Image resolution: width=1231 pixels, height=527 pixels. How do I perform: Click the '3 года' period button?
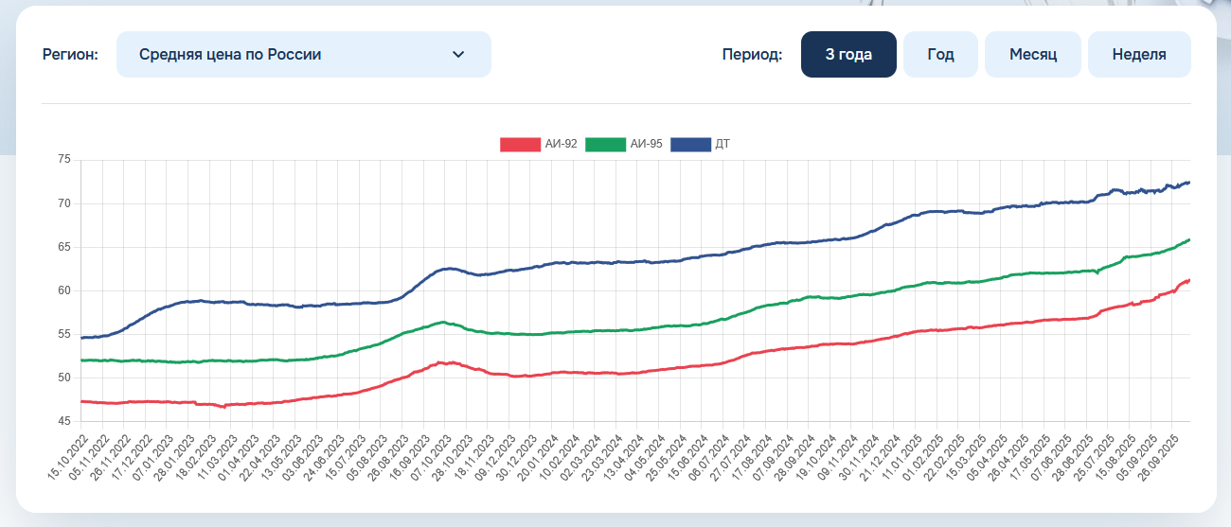(x=848, y=55)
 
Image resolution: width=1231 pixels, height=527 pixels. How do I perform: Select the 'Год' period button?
(x=940, y=55)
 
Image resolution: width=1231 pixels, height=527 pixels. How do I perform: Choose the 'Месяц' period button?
(x=1032, y=55)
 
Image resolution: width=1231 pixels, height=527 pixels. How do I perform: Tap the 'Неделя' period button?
(x=1139, y=55)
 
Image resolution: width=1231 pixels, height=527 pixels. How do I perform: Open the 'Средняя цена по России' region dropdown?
(x=303, y=55)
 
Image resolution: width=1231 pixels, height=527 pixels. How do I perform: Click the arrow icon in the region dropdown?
(x=458, y=55)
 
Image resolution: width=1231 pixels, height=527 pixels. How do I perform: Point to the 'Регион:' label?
(x=70, y=55)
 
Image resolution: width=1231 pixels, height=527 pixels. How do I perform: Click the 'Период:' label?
(x=752, y=55)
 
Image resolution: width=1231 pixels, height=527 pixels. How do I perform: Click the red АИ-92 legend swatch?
(x=520, y=144)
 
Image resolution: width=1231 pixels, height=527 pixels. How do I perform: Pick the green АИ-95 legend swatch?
(x=605, y=144)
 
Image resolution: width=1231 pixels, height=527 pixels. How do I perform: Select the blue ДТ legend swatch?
(x=690, y=144)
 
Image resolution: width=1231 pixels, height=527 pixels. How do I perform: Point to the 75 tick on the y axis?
(x=64, y=160)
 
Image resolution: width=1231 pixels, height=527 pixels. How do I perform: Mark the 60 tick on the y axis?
(x=64, y=290)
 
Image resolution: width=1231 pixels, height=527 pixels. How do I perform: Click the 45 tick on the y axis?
(x=64, y=421)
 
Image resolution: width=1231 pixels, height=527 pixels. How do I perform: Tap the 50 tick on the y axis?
(x=64, y=378)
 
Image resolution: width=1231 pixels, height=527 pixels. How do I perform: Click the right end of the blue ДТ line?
(x=1188, y=182)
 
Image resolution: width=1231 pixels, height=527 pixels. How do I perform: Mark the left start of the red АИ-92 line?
(x=81, y=401)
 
